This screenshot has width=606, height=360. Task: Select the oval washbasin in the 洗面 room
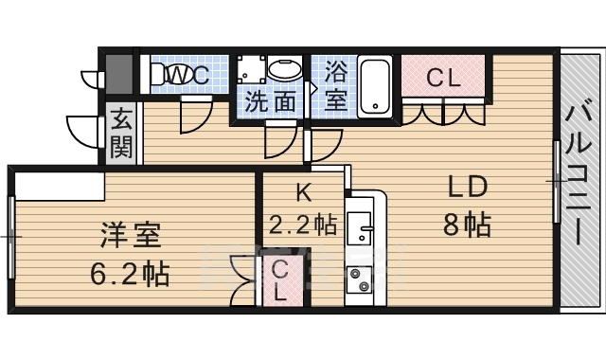coord(285,69)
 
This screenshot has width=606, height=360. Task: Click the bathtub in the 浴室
coord(374,86)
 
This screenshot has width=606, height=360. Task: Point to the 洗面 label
coord(271,101)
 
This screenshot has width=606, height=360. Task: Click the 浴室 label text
coord(334,85)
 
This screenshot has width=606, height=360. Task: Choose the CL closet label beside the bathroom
coord(443,78)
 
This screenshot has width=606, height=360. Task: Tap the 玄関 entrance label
coord(121,134)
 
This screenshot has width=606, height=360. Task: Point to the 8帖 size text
coord(467,225)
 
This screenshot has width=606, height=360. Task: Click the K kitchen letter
coord(304,191)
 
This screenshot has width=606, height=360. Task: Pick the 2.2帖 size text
coord(302,224)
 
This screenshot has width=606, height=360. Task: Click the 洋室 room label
coord(131,236)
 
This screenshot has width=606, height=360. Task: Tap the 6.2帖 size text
coord(130,273)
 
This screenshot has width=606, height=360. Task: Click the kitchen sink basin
coord(360,227)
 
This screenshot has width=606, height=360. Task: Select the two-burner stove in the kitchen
coord(360,279)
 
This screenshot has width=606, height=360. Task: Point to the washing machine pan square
coord(251,69)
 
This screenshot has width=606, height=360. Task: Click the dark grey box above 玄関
coord(119,74)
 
